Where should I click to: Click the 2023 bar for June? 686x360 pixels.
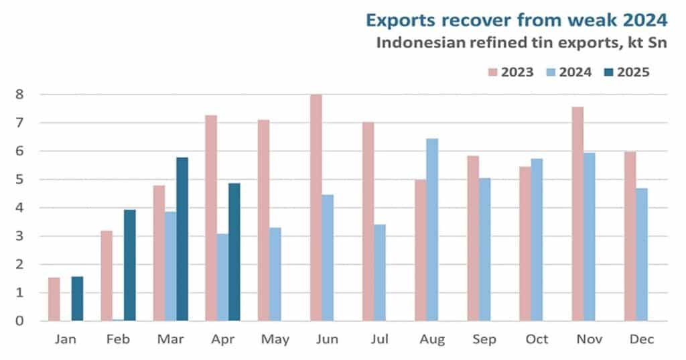[x=316, y=208]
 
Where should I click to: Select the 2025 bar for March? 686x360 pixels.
[x=182, y=239]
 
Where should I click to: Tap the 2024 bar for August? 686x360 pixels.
[x=431, y=230]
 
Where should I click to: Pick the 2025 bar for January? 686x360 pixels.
[x=77, y=299]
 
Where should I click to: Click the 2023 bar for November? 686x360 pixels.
[x=577, y=214]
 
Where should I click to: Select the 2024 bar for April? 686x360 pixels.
[x=222, y=278]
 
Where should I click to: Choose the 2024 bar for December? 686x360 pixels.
[x=641, y=255]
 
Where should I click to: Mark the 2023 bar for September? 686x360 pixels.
[x=473, y=239]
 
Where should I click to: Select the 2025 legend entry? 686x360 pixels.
[x=626, y=72]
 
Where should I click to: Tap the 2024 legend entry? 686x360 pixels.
[x=569, y=72]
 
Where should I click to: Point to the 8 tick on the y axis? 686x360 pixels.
[x=19, y=95]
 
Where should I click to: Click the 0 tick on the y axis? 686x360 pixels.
[x=19, y=321]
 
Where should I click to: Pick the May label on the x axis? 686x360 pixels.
[x=275, y=339]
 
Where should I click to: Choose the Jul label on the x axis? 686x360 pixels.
[x=380, y=339]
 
